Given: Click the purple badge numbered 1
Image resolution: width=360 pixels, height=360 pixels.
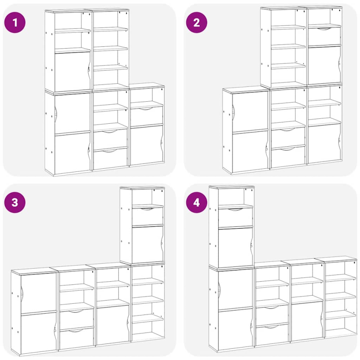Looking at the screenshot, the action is [x=15, y=22].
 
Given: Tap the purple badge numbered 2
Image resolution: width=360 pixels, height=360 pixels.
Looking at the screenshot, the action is [x=197, y=22].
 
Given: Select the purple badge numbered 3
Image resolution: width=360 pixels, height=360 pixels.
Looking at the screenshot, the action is [x=15, y=202].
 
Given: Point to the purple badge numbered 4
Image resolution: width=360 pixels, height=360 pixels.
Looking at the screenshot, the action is [x=197, y=202].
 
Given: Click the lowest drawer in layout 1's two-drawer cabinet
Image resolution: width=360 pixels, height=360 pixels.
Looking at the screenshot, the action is [x=110, y=158].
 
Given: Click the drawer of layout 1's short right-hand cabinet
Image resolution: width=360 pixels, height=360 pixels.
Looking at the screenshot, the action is [x=147, y=116].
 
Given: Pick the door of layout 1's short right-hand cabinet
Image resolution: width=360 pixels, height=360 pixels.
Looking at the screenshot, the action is [x=147, y=145].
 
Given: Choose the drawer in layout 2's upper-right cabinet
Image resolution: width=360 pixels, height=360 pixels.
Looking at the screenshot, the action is [x=324, y=36].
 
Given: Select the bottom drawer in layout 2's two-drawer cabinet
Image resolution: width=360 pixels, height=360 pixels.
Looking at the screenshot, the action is [x=288, y=156].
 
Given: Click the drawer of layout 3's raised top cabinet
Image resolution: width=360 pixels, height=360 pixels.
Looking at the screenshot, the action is [x=148, y=216].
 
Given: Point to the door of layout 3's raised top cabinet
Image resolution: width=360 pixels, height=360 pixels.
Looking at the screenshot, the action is [x=148, y=244].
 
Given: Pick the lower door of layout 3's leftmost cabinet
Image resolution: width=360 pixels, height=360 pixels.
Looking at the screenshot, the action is [x=39, y=332].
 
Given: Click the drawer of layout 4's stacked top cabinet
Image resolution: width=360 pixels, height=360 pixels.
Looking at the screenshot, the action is [x=235, y=217].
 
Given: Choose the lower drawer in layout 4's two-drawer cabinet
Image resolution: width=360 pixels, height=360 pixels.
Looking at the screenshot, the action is [x=272, y=334].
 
